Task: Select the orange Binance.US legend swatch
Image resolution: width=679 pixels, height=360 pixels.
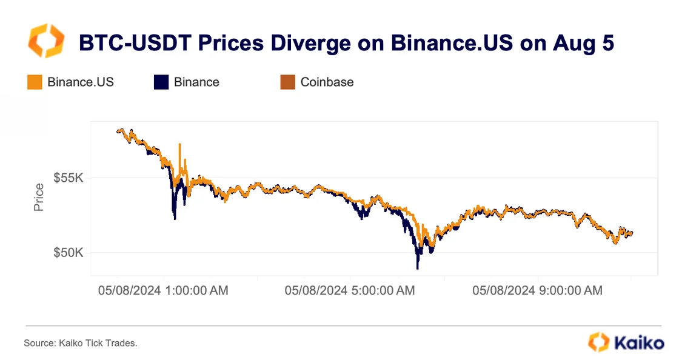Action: (x=35, y=82)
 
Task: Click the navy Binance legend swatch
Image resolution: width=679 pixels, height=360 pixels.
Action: (x=161, y=82)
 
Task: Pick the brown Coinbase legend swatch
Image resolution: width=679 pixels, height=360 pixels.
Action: (x=287, y=82)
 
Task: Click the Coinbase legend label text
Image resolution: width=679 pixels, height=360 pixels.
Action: (x=327, y=82)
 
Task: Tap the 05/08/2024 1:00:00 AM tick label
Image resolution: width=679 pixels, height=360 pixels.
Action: (x=163, y=291)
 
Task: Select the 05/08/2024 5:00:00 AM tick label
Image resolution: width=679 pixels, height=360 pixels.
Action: (x=350, y=291)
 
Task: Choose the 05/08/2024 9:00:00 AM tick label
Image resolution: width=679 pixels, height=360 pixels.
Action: (x=537, y=291)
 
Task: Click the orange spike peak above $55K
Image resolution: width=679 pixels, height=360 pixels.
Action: (x=179, y=145)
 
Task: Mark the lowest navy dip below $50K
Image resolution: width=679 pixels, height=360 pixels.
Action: (x=418, y=267)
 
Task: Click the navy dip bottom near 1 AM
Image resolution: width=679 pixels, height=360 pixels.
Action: (x=175, y=218)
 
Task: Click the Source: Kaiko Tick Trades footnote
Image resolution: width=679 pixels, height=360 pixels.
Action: (x=81, y=344)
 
